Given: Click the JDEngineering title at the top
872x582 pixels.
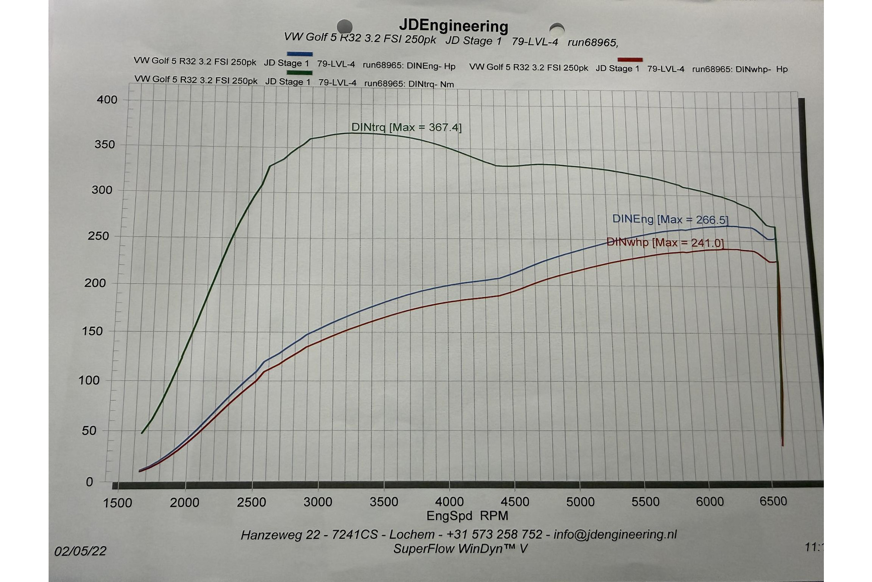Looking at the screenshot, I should point(453,26).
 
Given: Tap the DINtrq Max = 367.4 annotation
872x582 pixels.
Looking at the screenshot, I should point(406,127).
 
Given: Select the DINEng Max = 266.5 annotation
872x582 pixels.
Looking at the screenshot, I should point(670,219).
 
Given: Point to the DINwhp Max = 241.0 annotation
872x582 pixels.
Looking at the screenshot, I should point(665,242).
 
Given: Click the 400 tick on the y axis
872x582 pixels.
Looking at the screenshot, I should point(107,100).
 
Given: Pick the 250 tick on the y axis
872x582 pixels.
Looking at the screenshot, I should point(99,236).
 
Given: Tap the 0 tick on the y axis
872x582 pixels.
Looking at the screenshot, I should point(89,482).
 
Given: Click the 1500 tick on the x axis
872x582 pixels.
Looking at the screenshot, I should point(118,503).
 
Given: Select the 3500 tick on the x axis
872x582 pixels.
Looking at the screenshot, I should point(384,502).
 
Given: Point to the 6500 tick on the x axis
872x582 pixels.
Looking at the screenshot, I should point(773,501).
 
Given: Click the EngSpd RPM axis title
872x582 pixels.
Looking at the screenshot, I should point(467,516).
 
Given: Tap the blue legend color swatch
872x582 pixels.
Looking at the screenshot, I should point(299,54).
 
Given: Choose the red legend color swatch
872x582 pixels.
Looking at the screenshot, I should point(630,60).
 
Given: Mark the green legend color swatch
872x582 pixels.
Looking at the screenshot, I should point(299,73).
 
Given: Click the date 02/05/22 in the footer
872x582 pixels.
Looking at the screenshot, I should point(80,551).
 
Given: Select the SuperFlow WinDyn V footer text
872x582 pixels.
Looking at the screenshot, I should point(460,549).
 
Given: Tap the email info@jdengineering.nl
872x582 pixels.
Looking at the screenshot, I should point(615,534).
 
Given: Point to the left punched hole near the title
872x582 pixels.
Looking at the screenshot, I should point(345,26).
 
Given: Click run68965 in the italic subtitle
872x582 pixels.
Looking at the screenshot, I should point(592,42).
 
